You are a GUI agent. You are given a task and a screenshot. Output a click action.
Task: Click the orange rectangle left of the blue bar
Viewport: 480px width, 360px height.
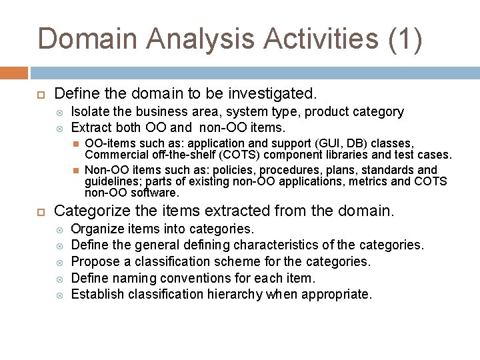[x=14, y=73]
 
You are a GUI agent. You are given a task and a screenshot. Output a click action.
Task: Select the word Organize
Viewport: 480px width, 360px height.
[x=96, y=229]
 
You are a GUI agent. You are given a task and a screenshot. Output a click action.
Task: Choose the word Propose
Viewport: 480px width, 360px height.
[x=95, y=261]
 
